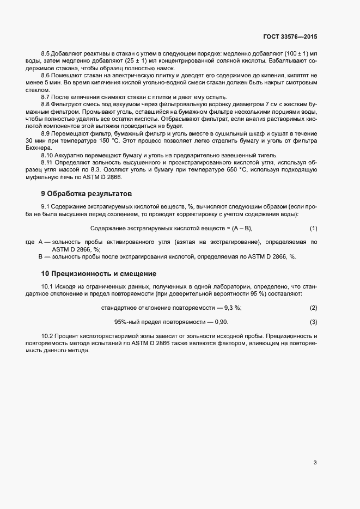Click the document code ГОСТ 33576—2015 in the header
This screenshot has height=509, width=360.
tap(289, 37)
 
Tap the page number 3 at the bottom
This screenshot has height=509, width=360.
tap(315, 463)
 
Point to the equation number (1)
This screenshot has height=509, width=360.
tap(313, 228)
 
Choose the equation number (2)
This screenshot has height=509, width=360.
tap(313, 308)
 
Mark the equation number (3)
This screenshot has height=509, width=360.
tap(313, 322)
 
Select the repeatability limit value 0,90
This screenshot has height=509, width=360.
tap(221, 322)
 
